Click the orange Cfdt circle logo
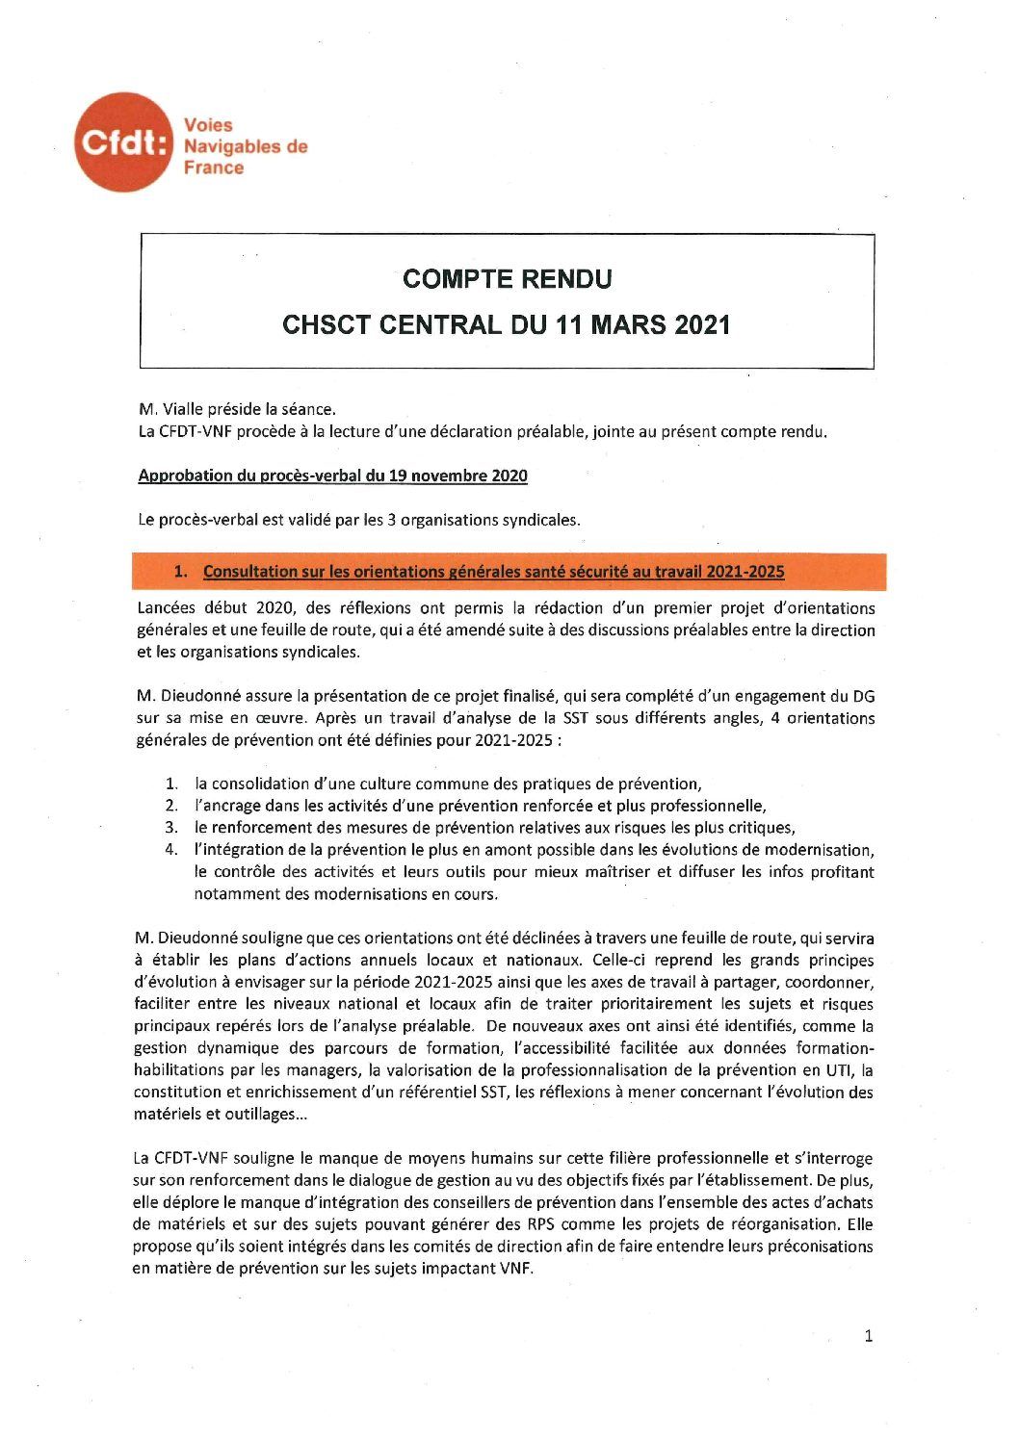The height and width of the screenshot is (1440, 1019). pos(124,142)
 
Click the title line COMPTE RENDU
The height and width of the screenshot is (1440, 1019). pos(507,279)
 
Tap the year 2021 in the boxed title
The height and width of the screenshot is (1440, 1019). pos(695,325)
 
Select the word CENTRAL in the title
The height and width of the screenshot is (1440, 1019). pos(430,325)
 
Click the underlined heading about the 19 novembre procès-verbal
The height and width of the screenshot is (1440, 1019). pos(332,476)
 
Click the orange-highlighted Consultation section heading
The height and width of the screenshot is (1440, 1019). pos(492,572)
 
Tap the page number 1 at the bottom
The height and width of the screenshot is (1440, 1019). pos(869,1336)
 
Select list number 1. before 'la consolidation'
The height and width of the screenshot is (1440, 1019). pos(171,784)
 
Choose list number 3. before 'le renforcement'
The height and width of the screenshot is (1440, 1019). pos(171,828)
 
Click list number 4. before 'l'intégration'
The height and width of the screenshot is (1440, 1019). pos(171,850)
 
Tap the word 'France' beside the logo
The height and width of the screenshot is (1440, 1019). pos(213,167)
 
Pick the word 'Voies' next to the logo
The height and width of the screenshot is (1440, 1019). pos(208,125)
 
